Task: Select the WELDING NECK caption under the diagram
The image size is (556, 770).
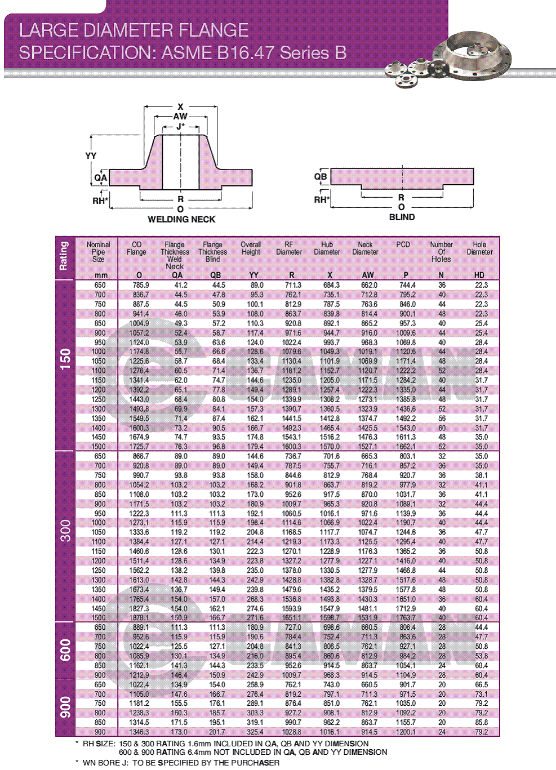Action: tap(181, 219)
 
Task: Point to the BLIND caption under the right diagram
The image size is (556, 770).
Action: tap(402, 217)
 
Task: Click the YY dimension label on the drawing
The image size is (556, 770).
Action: tap(91, 156)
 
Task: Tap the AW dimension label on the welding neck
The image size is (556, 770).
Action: tap(180, 117)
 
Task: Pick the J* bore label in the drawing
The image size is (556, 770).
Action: tap(180, 127)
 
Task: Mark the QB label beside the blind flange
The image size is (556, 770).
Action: tap(321, 177)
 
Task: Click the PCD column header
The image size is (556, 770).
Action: tap(403, 245)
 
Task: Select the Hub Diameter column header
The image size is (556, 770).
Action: tap(327, 248)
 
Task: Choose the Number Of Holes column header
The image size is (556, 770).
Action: tap(441, 252)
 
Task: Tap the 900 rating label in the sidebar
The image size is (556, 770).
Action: tap(65, 707)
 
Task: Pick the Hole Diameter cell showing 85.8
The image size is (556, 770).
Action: tap(481, 722)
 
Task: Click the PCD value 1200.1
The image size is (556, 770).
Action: tap(406, 732)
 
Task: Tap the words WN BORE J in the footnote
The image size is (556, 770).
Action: tap(107, 763)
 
